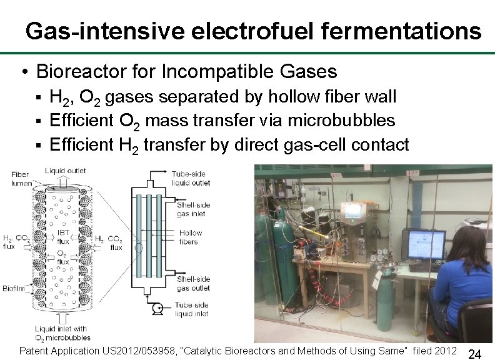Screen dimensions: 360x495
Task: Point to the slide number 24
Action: tap(474, 354)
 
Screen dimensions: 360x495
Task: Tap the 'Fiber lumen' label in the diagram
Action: tap(19, 179)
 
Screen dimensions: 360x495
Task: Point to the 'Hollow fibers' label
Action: tap(191, 237)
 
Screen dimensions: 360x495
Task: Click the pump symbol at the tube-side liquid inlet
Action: tap(156, 307)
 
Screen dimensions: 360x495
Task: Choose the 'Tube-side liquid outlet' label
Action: tap(191, 178)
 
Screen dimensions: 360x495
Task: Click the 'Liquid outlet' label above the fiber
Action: tap(66, 170)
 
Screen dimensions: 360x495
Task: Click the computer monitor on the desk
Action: tap(423, 244)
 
